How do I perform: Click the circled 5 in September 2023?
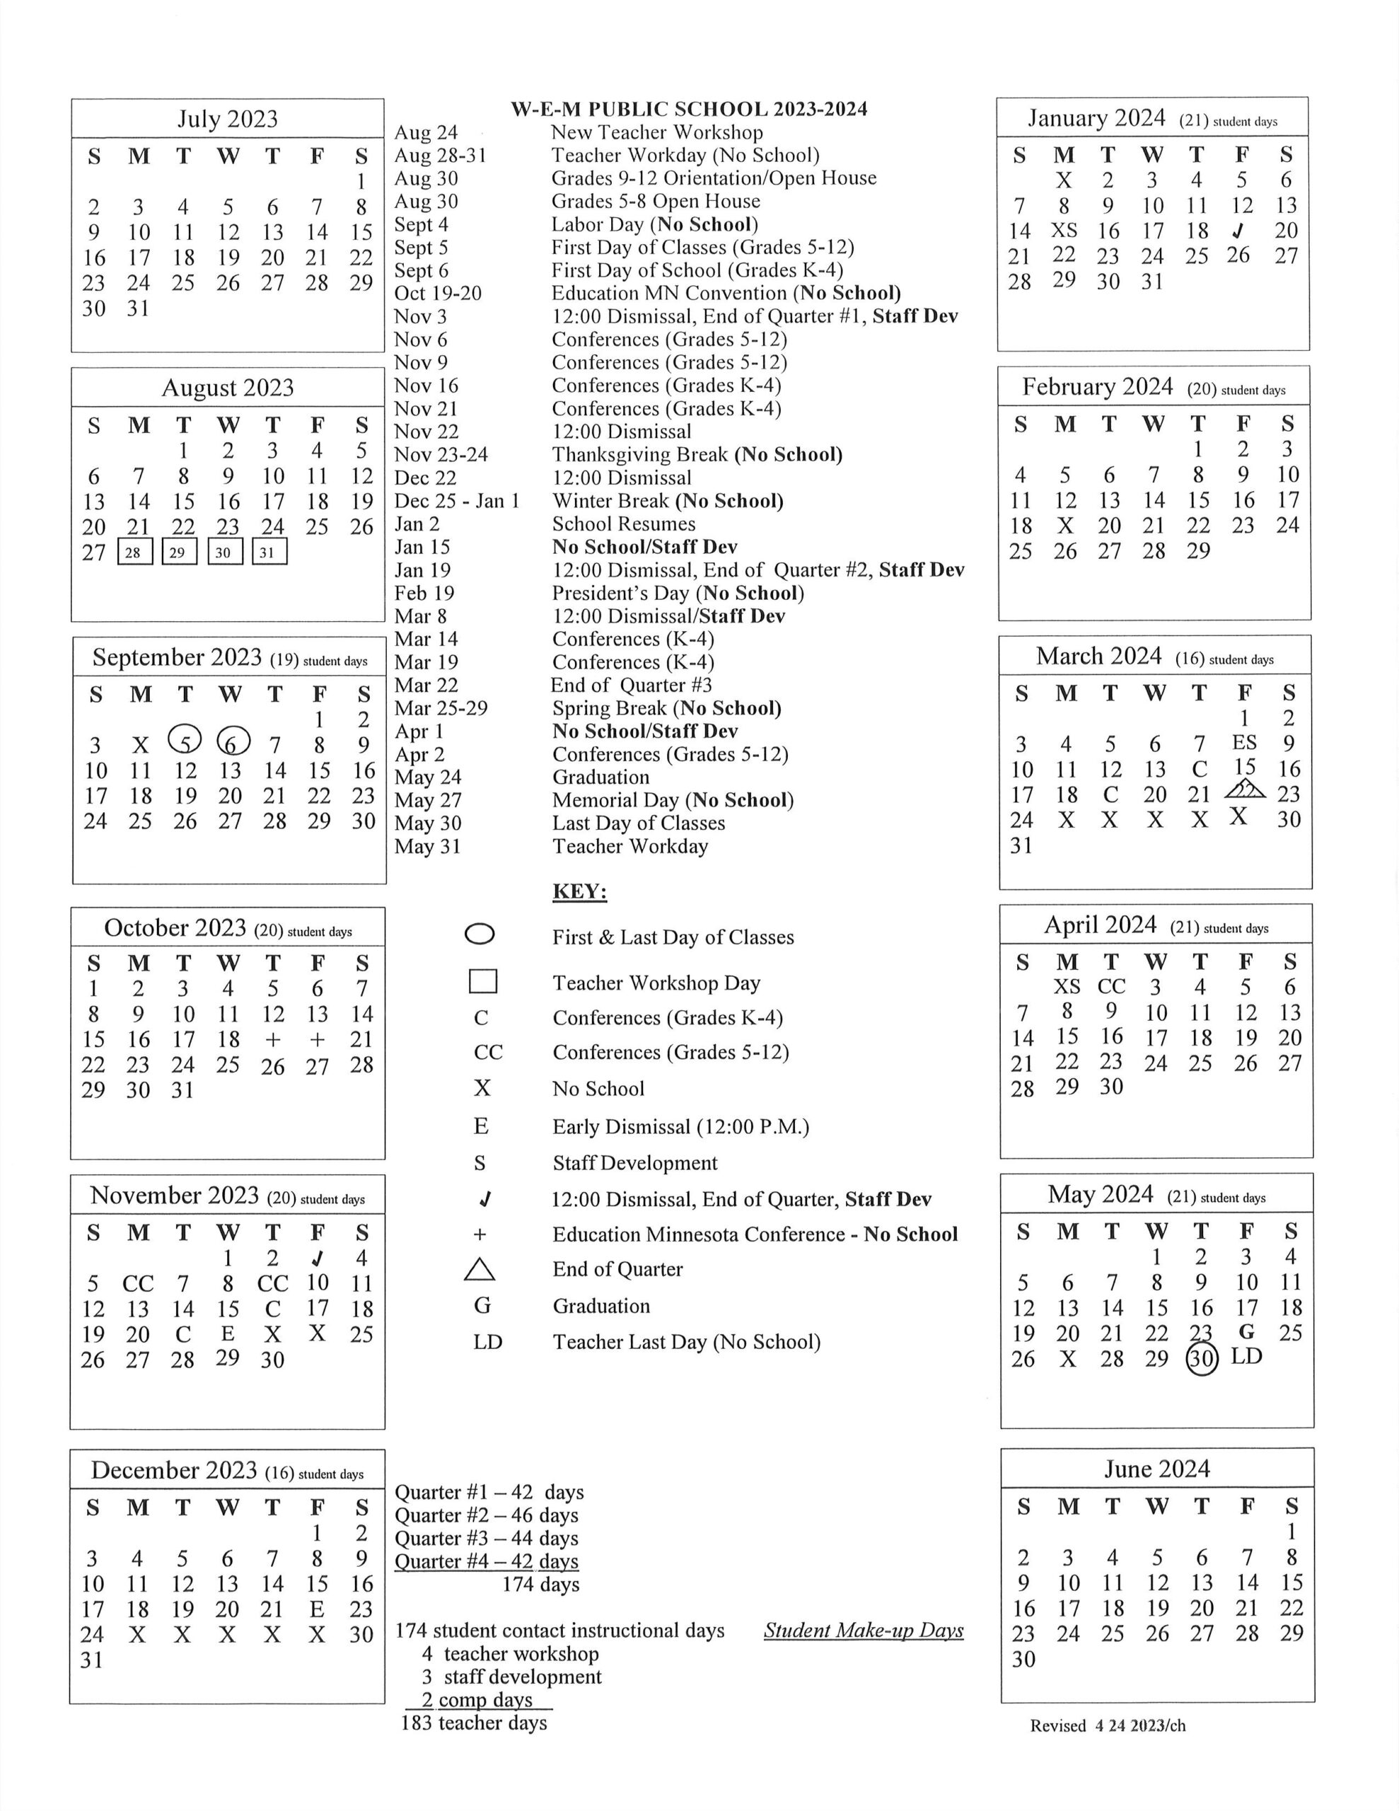184,740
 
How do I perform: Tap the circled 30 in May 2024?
1202,1359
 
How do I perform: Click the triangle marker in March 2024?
1244,789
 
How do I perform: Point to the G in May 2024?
1246,1331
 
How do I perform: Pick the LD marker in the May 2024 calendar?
1246,1357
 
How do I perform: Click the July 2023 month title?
227,119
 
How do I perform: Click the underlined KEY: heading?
580,891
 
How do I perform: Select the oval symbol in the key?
480,935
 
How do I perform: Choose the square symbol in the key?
482,981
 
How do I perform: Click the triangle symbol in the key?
480,1270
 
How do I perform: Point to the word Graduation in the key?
601,1306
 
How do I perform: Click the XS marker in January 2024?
1064,230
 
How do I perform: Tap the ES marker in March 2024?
1244,742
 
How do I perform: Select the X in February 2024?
1064,526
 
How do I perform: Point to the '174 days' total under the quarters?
540,1585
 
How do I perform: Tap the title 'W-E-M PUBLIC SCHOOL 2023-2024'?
688,109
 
